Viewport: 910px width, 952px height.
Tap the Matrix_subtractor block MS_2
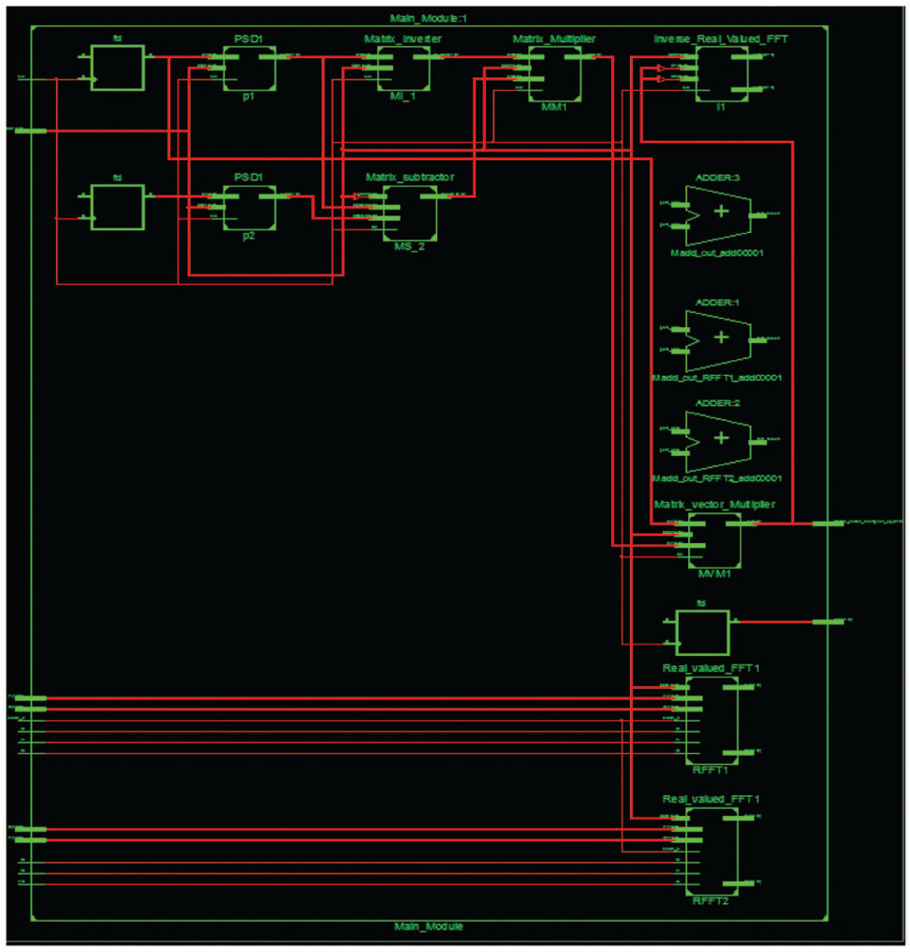pos(410,211)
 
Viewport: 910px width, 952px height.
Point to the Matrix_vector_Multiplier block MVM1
pos(714,538)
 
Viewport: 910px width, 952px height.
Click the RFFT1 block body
pos(712,719)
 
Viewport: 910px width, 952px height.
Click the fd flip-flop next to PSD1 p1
pos(118,69)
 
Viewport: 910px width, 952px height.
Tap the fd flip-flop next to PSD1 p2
pos(118,207)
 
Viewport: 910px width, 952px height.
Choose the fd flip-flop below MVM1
pos(701,632)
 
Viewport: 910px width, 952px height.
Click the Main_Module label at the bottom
pos(428,926)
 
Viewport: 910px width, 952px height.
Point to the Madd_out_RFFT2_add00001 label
pos(717,479)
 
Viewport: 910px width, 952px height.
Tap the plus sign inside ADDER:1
pos(721,337)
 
